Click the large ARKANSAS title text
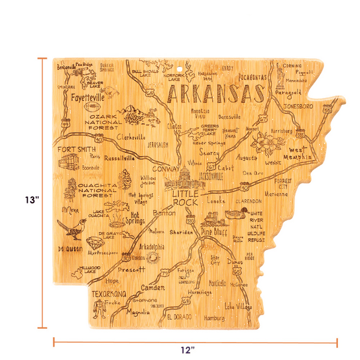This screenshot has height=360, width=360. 214,94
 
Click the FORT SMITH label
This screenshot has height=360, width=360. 76,149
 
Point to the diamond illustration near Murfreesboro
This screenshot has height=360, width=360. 94,243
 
